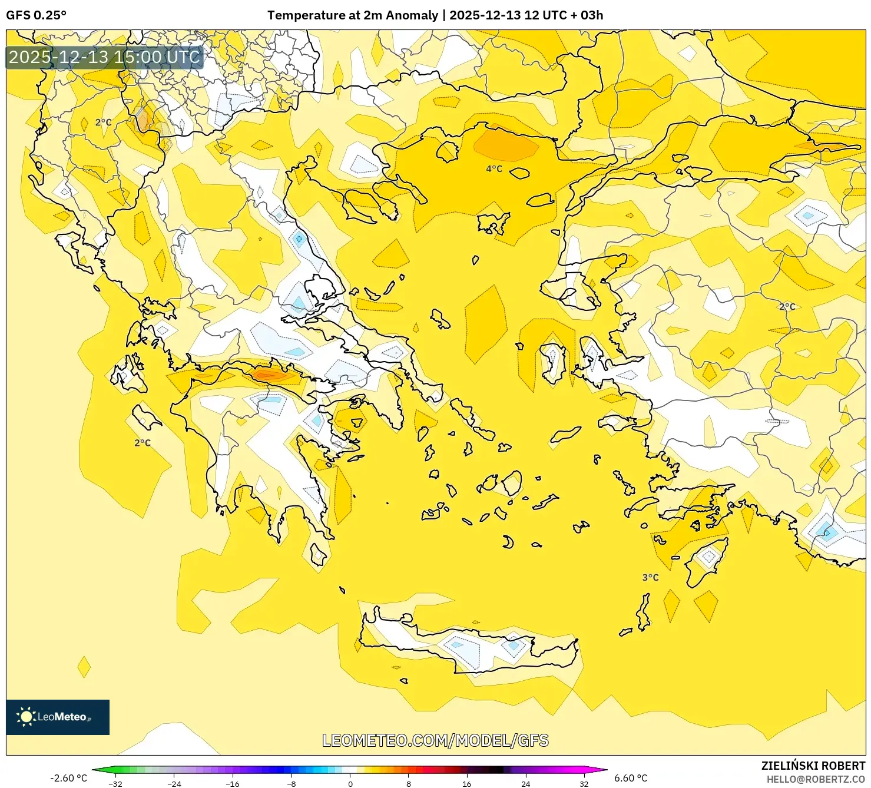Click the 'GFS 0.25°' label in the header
[x=36, y=15]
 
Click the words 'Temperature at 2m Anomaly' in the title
[x=352, y=15]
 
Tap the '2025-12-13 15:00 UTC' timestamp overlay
[x=104, y=57]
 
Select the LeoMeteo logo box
[x=58, y=717]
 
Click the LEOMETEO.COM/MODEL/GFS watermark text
[x=435, y=740]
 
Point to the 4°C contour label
[x=494, y=169]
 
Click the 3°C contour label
[x=650, y=577]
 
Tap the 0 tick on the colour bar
[x=350, y=783]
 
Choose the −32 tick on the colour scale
[x=115, y=783]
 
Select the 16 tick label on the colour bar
[x=466, y=783]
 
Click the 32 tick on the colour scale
[x=584, y=783]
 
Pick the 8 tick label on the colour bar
[x=408, y=783]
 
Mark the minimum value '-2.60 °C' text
[x=68, y=778]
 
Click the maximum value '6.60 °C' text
[x=631, y=778]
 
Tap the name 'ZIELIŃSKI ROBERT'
[x=813, y=766]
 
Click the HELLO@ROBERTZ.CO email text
[x=816, y=779]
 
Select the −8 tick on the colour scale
[x=291, y=783]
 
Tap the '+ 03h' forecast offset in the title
[x=587, y=15]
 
